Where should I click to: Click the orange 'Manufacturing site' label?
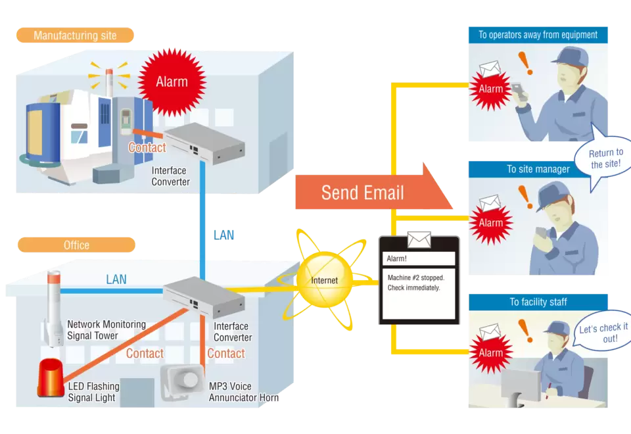point(74,35)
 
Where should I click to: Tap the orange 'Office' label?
point(76,245)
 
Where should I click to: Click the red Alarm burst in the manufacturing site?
point(172,82)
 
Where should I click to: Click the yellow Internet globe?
point(324,280)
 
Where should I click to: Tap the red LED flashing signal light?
point(51,380)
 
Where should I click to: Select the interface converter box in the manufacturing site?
point(204,145)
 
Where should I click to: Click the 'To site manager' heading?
point(538,169)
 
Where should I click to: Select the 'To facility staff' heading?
point(538,302)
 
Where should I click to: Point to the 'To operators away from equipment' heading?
point(538,35)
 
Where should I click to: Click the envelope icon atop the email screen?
point(419,239)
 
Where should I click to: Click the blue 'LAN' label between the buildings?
point(223,235)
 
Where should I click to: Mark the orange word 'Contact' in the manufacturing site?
point(147,147)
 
